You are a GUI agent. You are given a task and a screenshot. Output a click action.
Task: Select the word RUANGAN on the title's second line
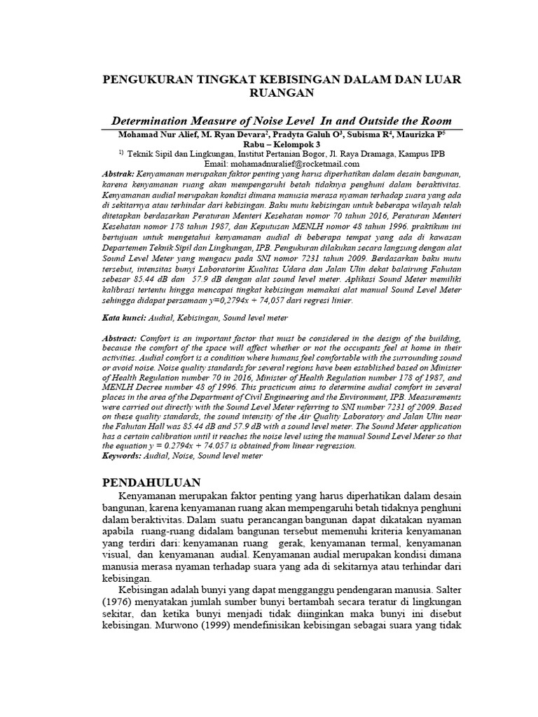point(282,92)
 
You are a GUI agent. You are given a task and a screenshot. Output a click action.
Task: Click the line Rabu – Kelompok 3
point(282,144)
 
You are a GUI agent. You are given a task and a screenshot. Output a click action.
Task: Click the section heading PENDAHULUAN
point(151,483)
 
